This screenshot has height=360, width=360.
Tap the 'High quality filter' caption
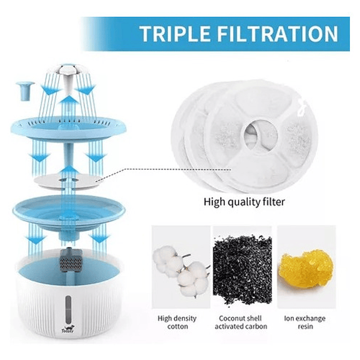click(x=244, y=202)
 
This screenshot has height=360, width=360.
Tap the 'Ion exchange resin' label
click(x=305, y=322)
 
